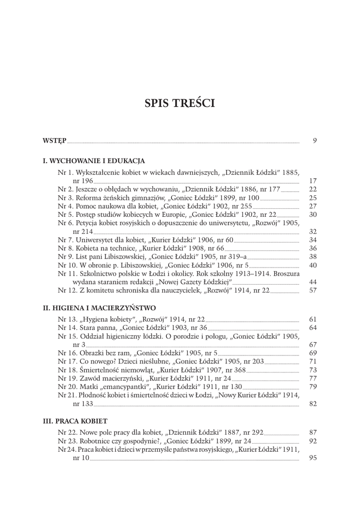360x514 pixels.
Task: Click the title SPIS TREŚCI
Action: (x=180, y=103)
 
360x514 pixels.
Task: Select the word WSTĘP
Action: (x=54, y=142)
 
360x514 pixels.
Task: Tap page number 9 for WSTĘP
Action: (x=314, y=141)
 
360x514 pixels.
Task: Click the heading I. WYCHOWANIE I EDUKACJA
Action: (x=94, y=161)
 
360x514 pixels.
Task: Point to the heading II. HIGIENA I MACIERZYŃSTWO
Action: (x=99, y=307)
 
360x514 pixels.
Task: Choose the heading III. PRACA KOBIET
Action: (x=75, y=420)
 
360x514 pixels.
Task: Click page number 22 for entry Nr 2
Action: (x=313, y=189)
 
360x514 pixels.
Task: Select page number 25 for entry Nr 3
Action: (x=313, y=198)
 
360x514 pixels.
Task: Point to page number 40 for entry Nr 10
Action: (x=313, y=265)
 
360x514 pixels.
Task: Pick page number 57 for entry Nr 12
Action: (x=313, y=290)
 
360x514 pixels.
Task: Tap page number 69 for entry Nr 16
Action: (x=313, y=353)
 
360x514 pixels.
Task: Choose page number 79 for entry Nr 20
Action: (x=313, y=387)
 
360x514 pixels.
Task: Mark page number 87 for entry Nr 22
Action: (x=313, y=432)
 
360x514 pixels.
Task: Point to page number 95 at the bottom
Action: (x=313, y=458)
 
